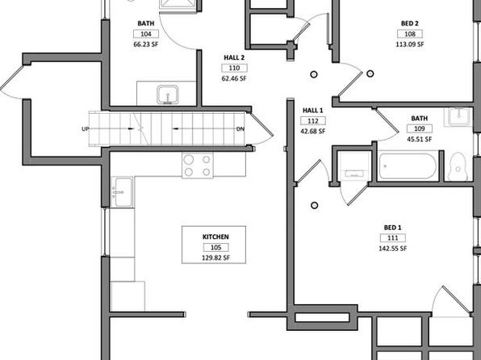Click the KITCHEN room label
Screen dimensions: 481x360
[x=215, y=237]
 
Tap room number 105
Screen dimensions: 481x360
[x=215, y=247]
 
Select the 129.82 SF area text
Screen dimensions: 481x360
[x=215, y=257]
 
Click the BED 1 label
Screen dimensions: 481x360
[x=392, y=228]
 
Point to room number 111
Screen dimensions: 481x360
[x=393, y=238]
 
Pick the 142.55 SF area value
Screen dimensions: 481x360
[x=393, y=249]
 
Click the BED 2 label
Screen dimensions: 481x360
[x=409, y=23]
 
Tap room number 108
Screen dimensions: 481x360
[x=410, y=34]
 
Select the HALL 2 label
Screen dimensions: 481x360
[x=234, y=57]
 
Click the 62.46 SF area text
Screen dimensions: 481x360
[x=234, y=78]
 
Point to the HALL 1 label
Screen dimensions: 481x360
[x=312, y=110]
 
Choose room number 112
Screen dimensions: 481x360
[x=313, y=121]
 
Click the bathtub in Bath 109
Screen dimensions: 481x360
[x=408, y=166]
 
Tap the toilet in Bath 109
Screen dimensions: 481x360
[x=458, y=167]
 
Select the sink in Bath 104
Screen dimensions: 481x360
[x=168, y=94]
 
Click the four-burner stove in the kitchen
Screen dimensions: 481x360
[x=198, y=165]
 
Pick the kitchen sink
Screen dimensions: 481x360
[x=122, y=192]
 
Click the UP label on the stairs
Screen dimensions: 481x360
[x=86, y=129]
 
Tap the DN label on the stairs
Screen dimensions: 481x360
[x=240, y=129]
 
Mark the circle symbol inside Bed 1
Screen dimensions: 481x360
[x=314, y=205]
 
